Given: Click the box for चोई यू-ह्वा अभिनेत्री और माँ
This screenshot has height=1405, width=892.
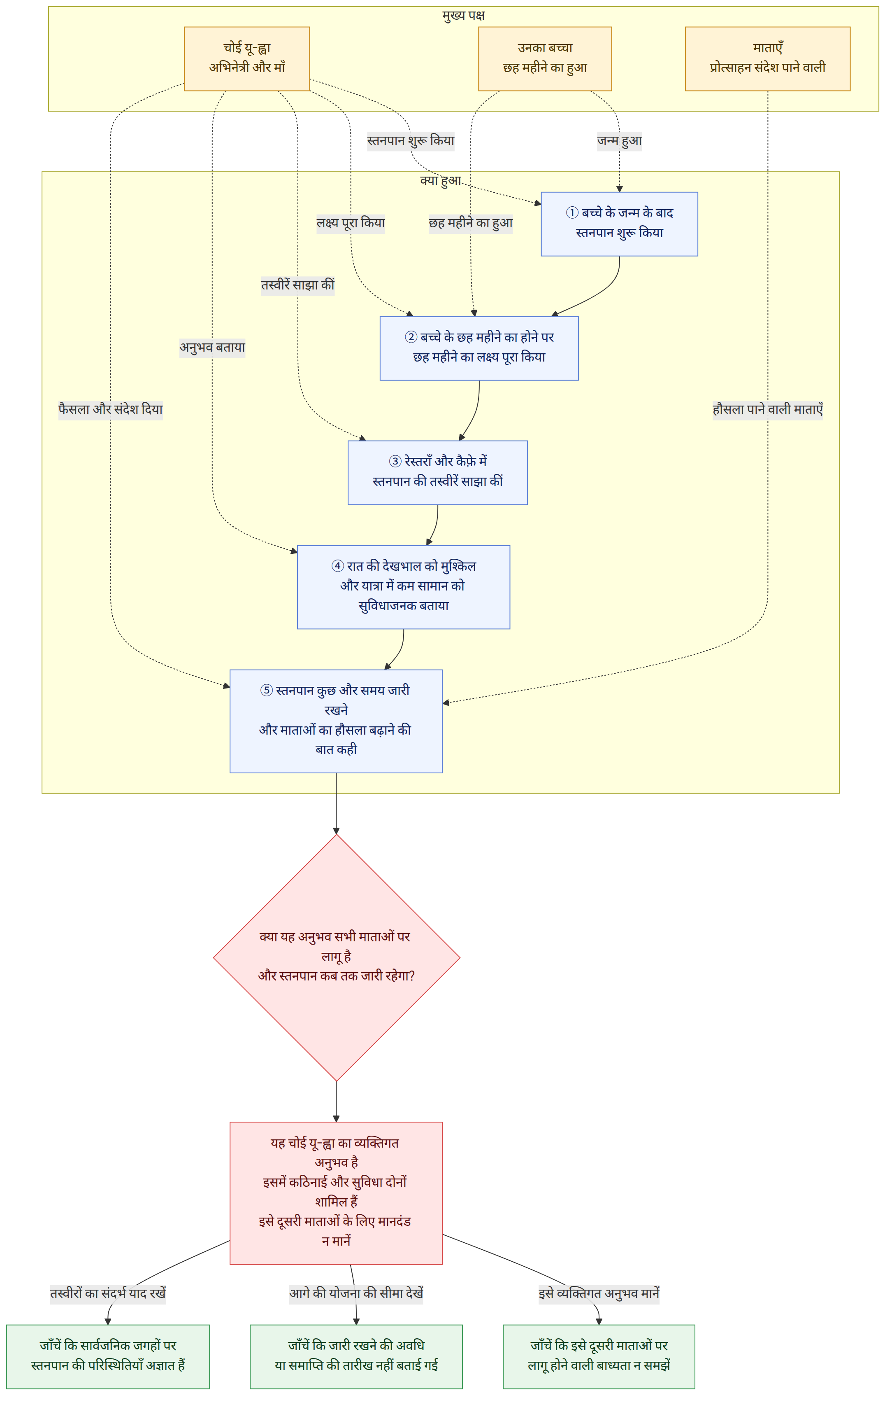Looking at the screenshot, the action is pos(246,58).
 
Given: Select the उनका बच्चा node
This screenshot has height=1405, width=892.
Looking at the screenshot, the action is pos(544,58).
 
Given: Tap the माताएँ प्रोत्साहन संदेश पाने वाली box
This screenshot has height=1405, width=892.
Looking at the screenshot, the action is pos(767,58).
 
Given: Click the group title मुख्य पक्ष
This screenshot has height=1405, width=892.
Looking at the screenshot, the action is pos(464,16).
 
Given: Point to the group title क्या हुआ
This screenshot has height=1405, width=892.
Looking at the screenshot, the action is pos(440,180).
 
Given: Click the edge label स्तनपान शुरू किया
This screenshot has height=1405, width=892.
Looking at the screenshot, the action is pos(411,140).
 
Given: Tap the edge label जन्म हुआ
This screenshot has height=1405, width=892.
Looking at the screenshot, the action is pos(619,140).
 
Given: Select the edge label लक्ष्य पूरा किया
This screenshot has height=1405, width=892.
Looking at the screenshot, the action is pos(351,223).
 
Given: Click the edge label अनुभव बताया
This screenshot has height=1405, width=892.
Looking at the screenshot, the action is pos(212,348).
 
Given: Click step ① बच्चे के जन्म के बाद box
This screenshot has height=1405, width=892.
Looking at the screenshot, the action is pos(619,224).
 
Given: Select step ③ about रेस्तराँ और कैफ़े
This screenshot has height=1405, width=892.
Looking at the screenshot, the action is pos(437,473).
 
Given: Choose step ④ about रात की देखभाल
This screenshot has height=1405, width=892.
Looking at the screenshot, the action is pos(404,587).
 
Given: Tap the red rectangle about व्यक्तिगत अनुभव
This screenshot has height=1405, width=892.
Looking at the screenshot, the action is pos(337,1193).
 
